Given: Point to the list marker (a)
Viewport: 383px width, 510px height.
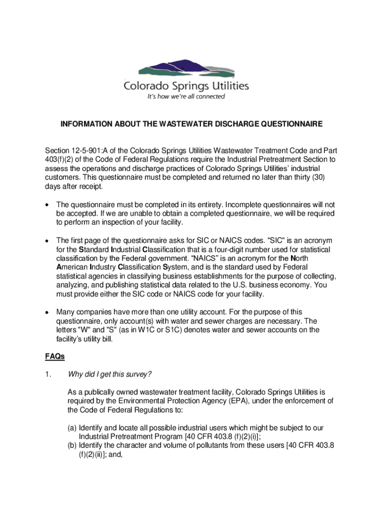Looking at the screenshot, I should point(72,427).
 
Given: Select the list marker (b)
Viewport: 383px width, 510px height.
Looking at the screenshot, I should point(72,445).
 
